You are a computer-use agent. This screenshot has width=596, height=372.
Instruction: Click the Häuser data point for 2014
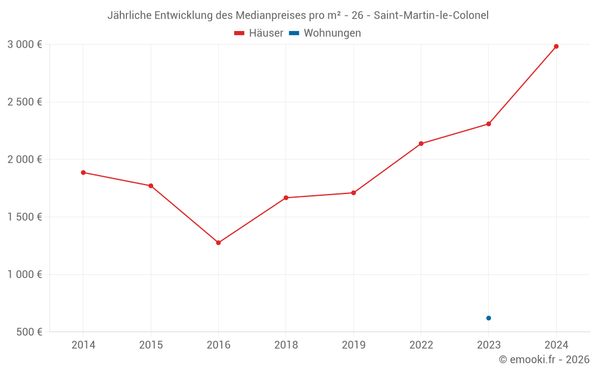[x=83, y=173]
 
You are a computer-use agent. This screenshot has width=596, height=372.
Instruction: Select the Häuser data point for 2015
[x=151, y=186]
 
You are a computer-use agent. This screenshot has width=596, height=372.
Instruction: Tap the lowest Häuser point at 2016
[x=218, y=243]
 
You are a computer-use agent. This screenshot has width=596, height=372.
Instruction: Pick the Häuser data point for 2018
[x=286, y=198]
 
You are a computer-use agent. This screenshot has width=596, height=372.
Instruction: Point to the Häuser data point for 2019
[x=353, y=193]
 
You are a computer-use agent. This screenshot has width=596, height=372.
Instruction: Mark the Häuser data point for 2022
[x=421, y=143]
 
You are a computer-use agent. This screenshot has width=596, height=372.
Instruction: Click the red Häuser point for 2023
[x=489, y=124]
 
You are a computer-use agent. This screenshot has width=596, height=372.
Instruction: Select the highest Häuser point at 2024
[x=556, y=46]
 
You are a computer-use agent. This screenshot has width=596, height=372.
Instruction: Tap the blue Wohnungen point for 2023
[x=489, y=318]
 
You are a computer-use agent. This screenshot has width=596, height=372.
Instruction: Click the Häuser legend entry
[x=259, y=33]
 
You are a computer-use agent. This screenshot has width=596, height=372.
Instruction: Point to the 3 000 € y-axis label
[x=24, y=44]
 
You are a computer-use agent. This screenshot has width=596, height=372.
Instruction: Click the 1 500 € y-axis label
[x=24, y=217]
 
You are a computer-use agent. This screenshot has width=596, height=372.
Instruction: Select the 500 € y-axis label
[x=29, y=332]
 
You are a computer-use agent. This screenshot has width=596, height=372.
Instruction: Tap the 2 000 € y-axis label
[x=24, y=159]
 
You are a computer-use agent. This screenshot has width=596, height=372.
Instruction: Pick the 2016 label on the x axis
[x=218, y=345]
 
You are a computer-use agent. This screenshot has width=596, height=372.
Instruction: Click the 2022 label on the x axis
[x=421, y=345]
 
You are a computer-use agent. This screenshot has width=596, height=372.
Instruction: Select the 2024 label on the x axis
[x=556, y=345]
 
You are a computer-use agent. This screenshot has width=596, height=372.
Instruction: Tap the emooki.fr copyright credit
[x=544, y=360]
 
